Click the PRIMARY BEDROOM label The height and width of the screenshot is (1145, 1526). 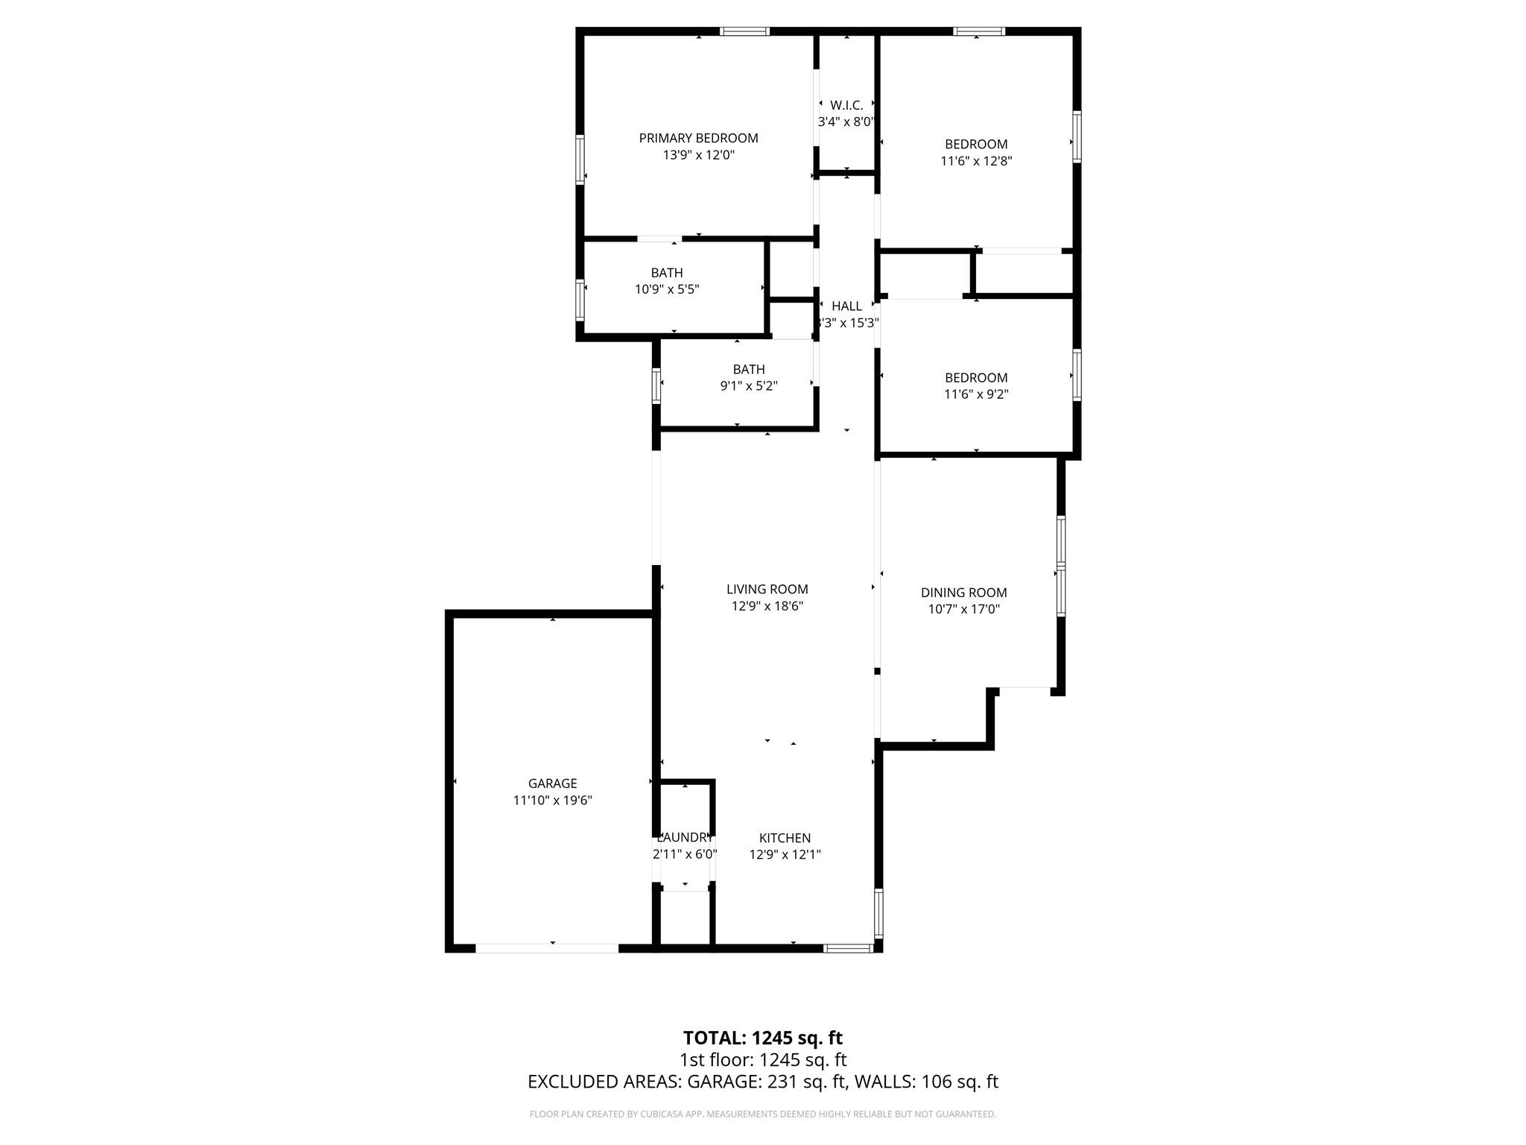point(698,138)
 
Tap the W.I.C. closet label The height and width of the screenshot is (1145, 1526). point(846,106)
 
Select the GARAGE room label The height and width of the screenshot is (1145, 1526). point(552,783)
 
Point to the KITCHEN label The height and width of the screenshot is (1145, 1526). point(785,838)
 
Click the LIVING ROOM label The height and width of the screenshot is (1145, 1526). point(767,590)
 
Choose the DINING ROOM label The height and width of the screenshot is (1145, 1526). point(963,593)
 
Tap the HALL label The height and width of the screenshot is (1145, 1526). point(846,306)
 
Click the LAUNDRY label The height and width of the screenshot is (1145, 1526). point(685,838)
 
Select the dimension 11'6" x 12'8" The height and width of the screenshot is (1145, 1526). point(976,161)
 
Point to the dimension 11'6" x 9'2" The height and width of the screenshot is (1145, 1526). point(976,394)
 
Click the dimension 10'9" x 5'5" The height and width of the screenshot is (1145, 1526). point(667,289)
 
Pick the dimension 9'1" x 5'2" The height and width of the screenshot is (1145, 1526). point(749,386)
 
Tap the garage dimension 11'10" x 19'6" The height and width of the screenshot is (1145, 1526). point(552,801)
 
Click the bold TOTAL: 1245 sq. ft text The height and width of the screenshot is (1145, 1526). point(762,1038)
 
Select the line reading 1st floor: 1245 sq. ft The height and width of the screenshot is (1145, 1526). point(762,1060)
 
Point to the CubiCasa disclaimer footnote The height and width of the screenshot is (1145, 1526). point(762,1114)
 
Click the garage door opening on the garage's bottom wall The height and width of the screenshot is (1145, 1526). point(547,948)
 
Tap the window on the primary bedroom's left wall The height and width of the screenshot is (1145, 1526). point(580,159)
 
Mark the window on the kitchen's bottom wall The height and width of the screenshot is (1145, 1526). point(848,948)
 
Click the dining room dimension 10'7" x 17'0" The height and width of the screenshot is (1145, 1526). point(963,610)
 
